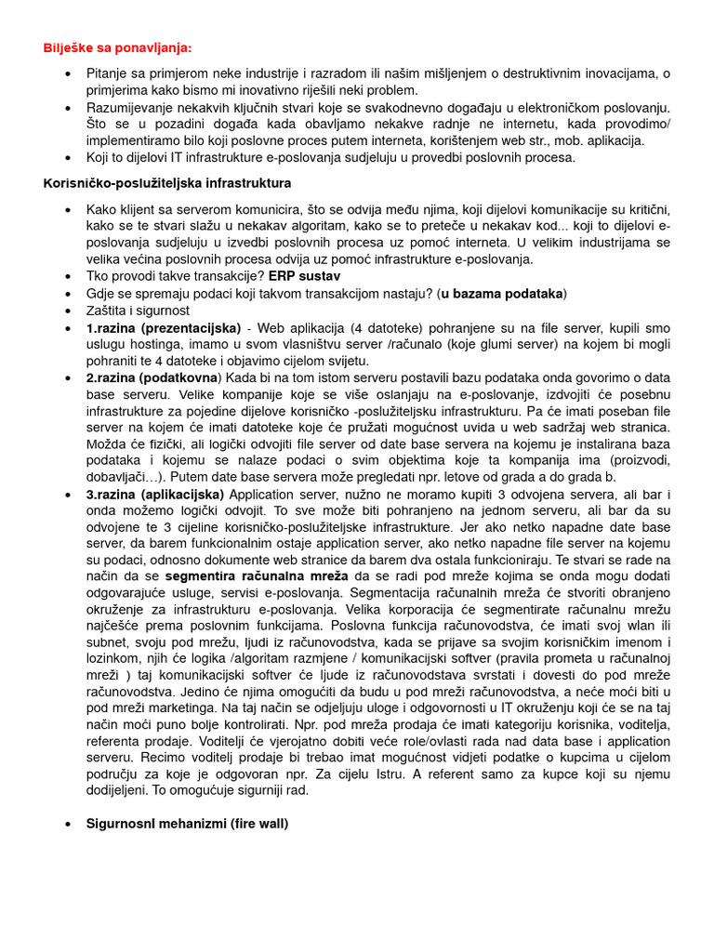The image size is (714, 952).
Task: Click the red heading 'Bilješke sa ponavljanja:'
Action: point(118,47)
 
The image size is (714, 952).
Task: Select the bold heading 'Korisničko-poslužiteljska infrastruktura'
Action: point(167,183)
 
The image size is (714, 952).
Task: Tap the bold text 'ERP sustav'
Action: point(304,276)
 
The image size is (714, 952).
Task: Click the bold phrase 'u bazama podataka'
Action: point(503,293)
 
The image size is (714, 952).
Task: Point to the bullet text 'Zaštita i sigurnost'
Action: point(138,311)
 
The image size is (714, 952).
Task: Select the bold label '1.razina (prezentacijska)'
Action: point(163,327)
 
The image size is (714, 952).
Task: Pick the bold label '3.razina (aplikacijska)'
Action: point(155,494)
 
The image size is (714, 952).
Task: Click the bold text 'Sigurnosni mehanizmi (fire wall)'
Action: point(187,823)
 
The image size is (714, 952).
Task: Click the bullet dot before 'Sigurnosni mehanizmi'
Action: point(69,824)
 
